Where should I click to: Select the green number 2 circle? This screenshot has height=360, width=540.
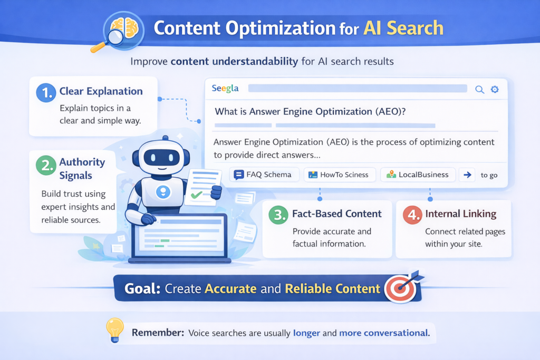pyautogui.click(x=46, y=165)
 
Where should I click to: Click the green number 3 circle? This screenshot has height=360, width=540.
pyautogui.click(x=277, y=215)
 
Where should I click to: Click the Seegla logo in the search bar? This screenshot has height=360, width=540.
pyautogui.click(x=225, y=89)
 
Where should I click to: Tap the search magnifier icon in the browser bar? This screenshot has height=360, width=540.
pyautogui.click(x=479, y=89)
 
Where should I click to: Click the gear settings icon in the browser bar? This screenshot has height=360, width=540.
pyautogui.click(x=495, y=89)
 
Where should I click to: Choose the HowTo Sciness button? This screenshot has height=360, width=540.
pyautogui.click(x=340, y=175)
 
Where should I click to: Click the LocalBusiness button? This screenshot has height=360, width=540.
pyautogui.click(x=417, y=175)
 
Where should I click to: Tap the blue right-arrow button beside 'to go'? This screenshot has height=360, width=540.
pyautogui.click(x=467, y=175)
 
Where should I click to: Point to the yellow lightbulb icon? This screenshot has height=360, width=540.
pyautogui.click(x=114, y=330)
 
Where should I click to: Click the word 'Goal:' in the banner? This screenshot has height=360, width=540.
pyautogui.click(x=142, y=289)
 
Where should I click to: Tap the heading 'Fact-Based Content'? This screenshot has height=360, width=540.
pyautogui.click(x=337, y=214)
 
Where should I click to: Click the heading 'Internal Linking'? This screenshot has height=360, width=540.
pyautogui.click(x=460, y=214)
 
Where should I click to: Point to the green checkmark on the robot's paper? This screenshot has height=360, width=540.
pyautogui.click(x=197, y=194)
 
